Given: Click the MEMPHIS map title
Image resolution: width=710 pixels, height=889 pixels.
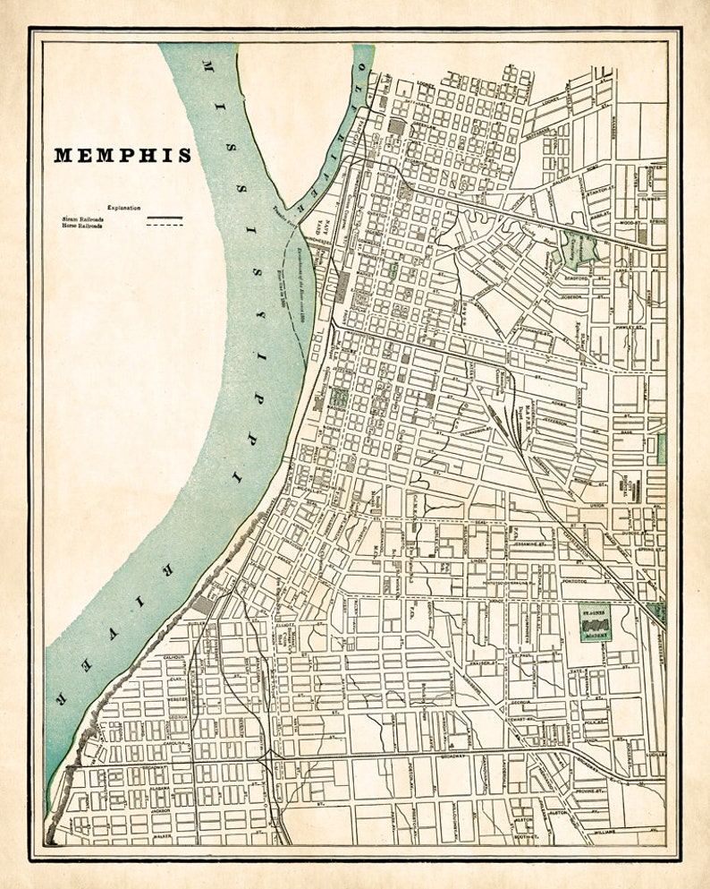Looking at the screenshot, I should tap(123, 155).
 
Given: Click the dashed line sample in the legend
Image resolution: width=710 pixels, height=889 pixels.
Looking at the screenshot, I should tap(165, 226).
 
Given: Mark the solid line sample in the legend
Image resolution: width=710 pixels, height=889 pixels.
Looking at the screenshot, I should tap(165, 218).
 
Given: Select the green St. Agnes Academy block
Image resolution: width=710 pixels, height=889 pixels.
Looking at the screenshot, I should tap(594, 622).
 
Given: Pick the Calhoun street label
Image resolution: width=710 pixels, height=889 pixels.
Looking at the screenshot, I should tap(174, 657).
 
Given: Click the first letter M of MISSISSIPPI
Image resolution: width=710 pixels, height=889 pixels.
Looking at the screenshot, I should tap(207, 68).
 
